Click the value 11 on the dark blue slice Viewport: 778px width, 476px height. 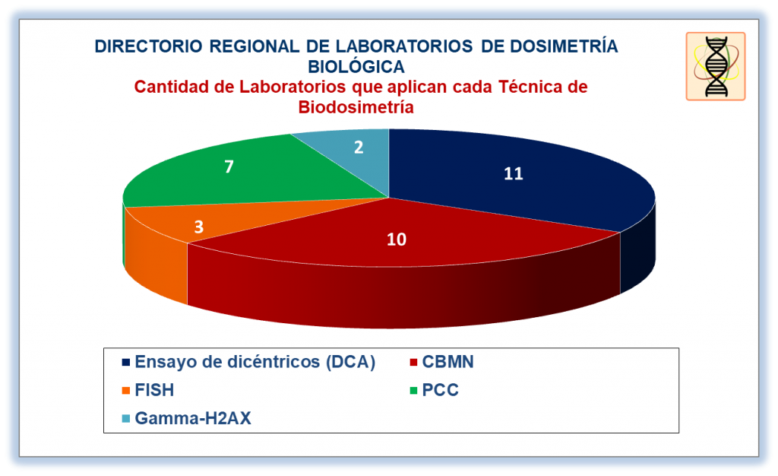click(514, 173)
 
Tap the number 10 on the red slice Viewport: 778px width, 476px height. click(397, 240)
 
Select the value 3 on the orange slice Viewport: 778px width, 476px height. click(199, 227)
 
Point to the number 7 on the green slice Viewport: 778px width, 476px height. click(229, 167)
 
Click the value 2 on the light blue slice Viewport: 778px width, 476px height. click(359, 147)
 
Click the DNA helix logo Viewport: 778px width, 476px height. click(716, 66)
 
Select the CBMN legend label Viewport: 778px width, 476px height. click(448, 362)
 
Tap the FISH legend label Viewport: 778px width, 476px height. click(154, 390)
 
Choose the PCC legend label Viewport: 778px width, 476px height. click(440, 390)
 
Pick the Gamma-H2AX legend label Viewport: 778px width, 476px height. click(193, 418)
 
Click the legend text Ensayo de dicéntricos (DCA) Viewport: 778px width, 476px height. click(255, 362)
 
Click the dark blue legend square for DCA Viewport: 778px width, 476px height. click(126, 363)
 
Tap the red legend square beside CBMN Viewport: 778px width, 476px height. click(413, 363)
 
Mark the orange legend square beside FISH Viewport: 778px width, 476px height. click(126, 391)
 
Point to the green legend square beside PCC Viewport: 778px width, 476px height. click(413, 391)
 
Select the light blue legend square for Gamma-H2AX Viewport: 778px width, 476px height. click(126, 419)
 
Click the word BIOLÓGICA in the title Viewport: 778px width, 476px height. click(356, 66)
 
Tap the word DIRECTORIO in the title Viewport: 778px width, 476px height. click(148, 46)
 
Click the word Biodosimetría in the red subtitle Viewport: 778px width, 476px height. click(356, 107)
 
